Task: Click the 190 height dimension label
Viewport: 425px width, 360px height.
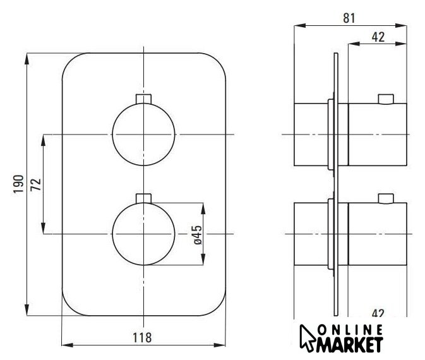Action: tap(19, 184)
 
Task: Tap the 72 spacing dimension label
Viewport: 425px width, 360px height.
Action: tap(36, 184)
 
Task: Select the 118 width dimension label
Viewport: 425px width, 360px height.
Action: tap(142, 338)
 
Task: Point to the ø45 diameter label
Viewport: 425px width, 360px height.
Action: tap(198, 235)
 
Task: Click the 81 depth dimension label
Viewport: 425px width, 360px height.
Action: tap(349, 18)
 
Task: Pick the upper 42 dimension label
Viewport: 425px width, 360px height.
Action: tap(378, 37)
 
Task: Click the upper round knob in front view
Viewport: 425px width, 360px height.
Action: tap(143, 134)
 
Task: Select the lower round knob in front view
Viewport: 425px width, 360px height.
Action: tap(143, 234)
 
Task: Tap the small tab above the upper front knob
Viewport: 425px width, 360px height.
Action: tap(143, 99)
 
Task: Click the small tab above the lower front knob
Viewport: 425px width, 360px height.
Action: tap(143, 198)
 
